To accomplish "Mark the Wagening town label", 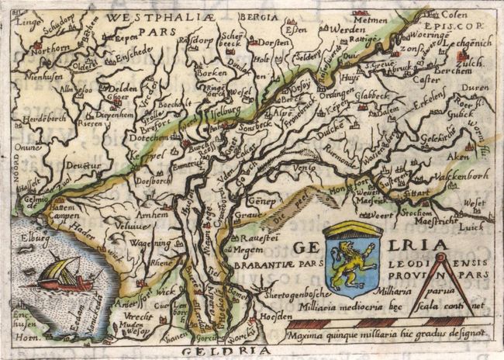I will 157,243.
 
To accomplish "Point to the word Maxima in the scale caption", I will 304,336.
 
